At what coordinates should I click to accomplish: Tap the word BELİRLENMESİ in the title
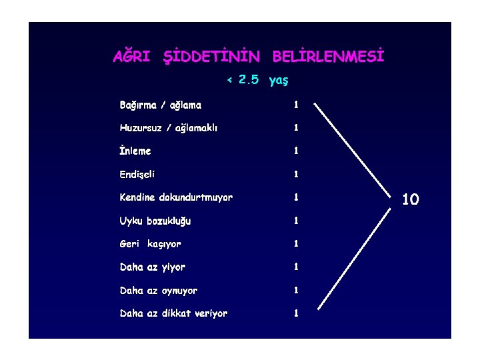tap(328, 57)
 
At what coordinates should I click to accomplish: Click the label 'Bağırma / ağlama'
tap(160, 105)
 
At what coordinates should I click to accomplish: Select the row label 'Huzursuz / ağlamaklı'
tap(168, 128)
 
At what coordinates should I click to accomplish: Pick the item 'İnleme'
tap(135, 151)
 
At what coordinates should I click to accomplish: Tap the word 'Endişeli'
tap(137, 174)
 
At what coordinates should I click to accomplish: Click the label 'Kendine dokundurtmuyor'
tap(176, 197)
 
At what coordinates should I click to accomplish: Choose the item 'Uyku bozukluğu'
tap(155, 221)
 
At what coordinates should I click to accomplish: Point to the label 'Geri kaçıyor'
tap(150, 244)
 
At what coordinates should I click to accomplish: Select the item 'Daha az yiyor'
tap(153, 267)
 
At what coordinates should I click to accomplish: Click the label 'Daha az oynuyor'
tap(159, 291)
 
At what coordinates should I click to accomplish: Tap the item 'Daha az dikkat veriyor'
tap(173, 313)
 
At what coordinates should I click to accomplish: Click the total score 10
tap(411, 199)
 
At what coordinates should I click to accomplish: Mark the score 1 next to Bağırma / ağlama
tap(296, 105)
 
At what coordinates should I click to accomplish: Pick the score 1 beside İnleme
tap(296, 151)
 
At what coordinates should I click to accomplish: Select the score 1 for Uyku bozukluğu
tap(296, 220)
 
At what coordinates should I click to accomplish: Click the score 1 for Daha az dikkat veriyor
tap(296, 313)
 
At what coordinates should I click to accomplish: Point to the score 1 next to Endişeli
tap(296, 174)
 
